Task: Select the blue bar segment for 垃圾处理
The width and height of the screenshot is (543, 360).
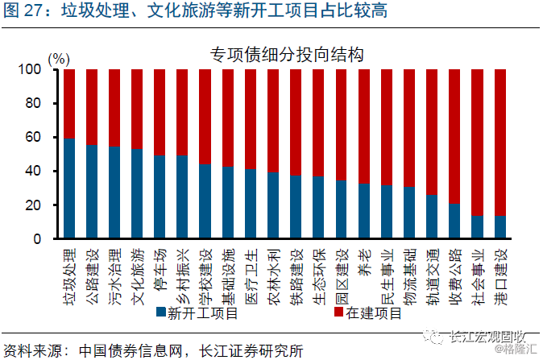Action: (69, 188)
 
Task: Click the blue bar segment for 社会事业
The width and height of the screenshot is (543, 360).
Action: (477, 227)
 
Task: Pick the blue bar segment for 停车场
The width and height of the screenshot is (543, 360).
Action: (160, 197)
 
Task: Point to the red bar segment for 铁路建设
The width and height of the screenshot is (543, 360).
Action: (296, 122)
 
